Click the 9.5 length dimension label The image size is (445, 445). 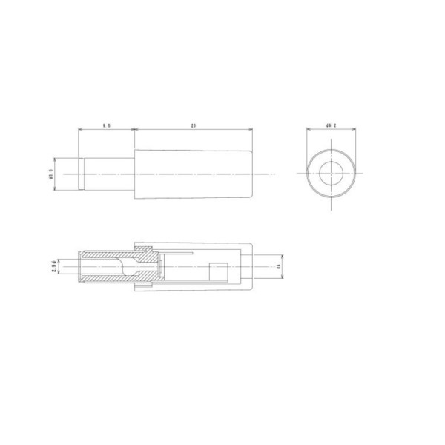click(x=106, y=126)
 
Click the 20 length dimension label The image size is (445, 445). click(x=193, y=126)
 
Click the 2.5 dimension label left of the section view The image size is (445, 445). click(x=54, y=266)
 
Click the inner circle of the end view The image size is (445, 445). click(x=329, y=175)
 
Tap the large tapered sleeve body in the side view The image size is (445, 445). click(x=193, y=175)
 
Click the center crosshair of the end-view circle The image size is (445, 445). click(x=329, y=175)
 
